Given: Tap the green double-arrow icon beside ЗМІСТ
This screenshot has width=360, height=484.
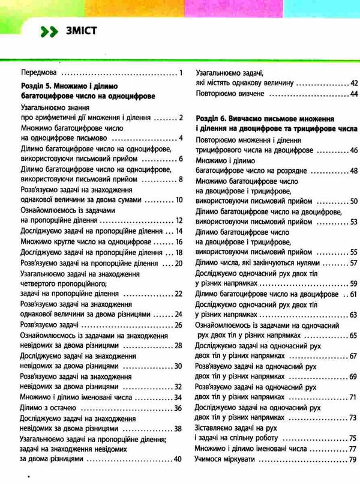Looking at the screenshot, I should coord(46,32).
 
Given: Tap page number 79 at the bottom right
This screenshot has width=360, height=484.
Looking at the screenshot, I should coord(352,459).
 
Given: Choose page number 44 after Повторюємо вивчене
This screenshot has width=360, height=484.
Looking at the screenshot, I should coord(353,94).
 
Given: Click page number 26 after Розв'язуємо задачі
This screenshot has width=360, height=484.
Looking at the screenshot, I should coord(177,325).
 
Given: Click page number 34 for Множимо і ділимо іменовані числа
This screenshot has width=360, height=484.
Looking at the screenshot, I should coord(176,397).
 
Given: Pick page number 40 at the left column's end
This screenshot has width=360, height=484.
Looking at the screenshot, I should coord(176,460).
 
